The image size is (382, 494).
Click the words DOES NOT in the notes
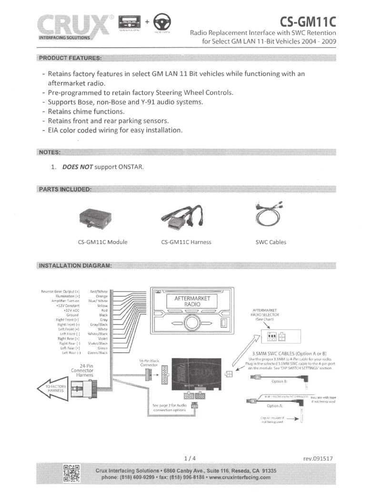tap(75, 167)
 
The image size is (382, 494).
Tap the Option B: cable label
tap(280, 381)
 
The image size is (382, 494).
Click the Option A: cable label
tap(277, 405)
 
